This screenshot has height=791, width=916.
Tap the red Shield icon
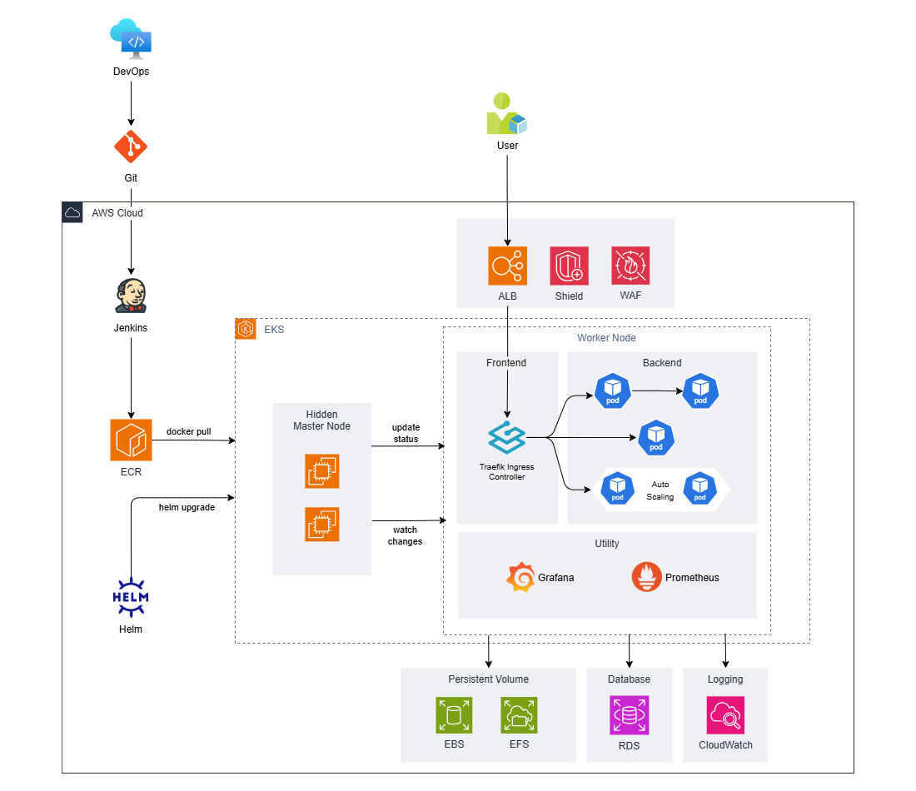pos(569,266)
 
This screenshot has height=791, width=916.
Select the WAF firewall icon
pos(630,266)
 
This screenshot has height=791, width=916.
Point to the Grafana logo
pos(520,577)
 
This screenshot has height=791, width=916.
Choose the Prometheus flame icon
pos(647,577)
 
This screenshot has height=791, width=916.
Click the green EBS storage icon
pos(454,715)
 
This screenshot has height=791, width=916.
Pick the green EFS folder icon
pos(519,715)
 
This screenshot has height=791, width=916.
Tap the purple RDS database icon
pos(629,715)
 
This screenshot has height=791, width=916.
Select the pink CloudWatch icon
pos(725,715)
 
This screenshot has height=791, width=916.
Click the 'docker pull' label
pos(188,431)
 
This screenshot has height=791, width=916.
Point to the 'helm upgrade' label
pos(187,507)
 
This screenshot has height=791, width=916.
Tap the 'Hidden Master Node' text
pos(321,420)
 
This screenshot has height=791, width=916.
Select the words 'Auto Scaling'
pos(660,490)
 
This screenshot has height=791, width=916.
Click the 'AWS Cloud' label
pos(117,213)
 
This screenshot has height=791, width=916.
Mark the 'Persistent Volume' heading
pos(488,679)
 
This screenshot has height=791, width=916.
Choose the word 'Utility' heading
pos(607,544)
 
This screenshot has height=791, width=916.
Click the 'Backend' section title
pos(662,363)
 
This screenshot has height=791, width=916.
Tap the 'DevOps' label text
pos(132,72)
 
